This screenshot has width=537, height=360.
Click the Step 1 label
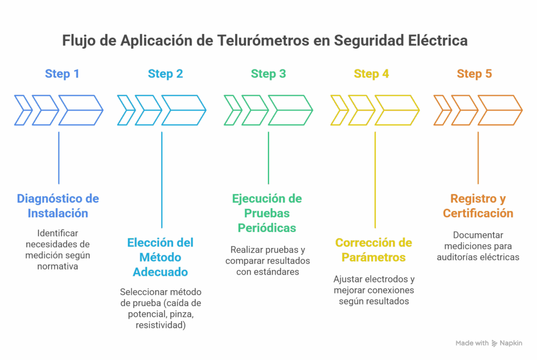click(x=62, y=74)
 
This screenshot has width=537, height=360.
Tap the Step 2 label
click(x=165, y=74)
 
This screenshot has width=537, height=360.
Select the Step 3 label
click(x=268, y=74)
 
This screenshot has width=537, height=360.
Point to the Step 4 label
click(x=371, y=74)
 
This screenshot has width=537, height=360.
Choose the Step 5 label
click(x=474, y=74)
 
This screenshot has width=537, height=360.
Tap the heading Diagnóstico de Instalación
click(x=58, y=206)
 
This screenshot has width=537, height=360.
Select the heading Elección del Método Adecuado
click(x=160, y=257)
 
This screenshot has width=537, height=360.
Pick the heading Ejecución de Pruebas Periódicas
click(x=267, y=213)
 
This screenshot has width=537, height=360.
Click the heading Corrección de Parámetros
click(x=373, y=250)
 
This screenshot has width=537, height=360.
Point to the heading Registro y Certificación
click(x=478, y=206)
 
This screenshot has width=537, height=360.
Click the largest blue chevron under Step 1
click(x=80, y=110)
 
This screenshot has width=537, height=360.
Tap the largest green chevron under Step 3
click(x=290, y=110)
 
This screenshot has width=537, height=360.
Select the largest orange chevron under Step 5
click(x=500, y=110)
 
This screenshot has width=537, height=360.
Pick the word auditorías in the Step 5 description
click(x=458, y=257)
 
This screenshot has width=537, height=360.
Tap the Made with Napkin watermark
click(x=489, y=343)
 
